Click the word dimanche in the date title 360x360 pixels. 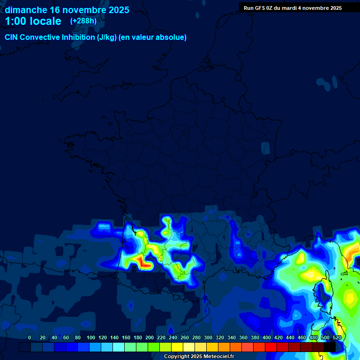(26, 10)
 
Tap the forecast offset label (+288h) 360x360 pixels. (83, 21)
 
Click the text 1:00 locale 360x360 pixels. (33, 21)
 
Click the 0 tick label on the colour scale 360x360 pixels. (30, 338)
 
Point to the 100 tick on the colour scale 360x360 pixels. (91, 338)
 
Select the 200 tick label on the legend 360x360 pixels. (150, 338)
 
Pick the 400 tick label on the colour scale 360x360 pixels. (267, 338)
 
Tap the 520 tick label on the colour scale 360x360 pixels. (337, 338)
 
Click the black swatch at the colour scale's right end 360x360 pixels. (330, 347)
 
